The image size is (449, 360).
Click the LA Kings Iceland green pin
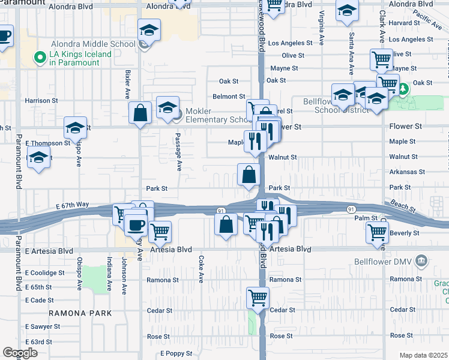[x=40, y=58]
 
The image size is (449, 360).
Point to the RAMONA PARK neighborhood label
[x=80, y=313]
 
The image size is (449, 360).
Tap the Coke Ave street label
[x=200, y=269]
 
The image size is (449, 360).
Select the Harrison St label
[x=41, y=101]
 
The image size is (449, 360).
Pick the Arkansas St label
[x=407, y=172]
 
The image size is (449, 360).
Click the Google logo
[x=20, y=353]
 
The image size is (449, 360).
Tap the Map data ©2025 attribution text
[x=423, y=355]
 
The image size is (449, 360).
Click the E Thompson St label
[x=44, y=143]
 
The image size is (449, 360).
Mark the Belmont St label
[x=229, y=96]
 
